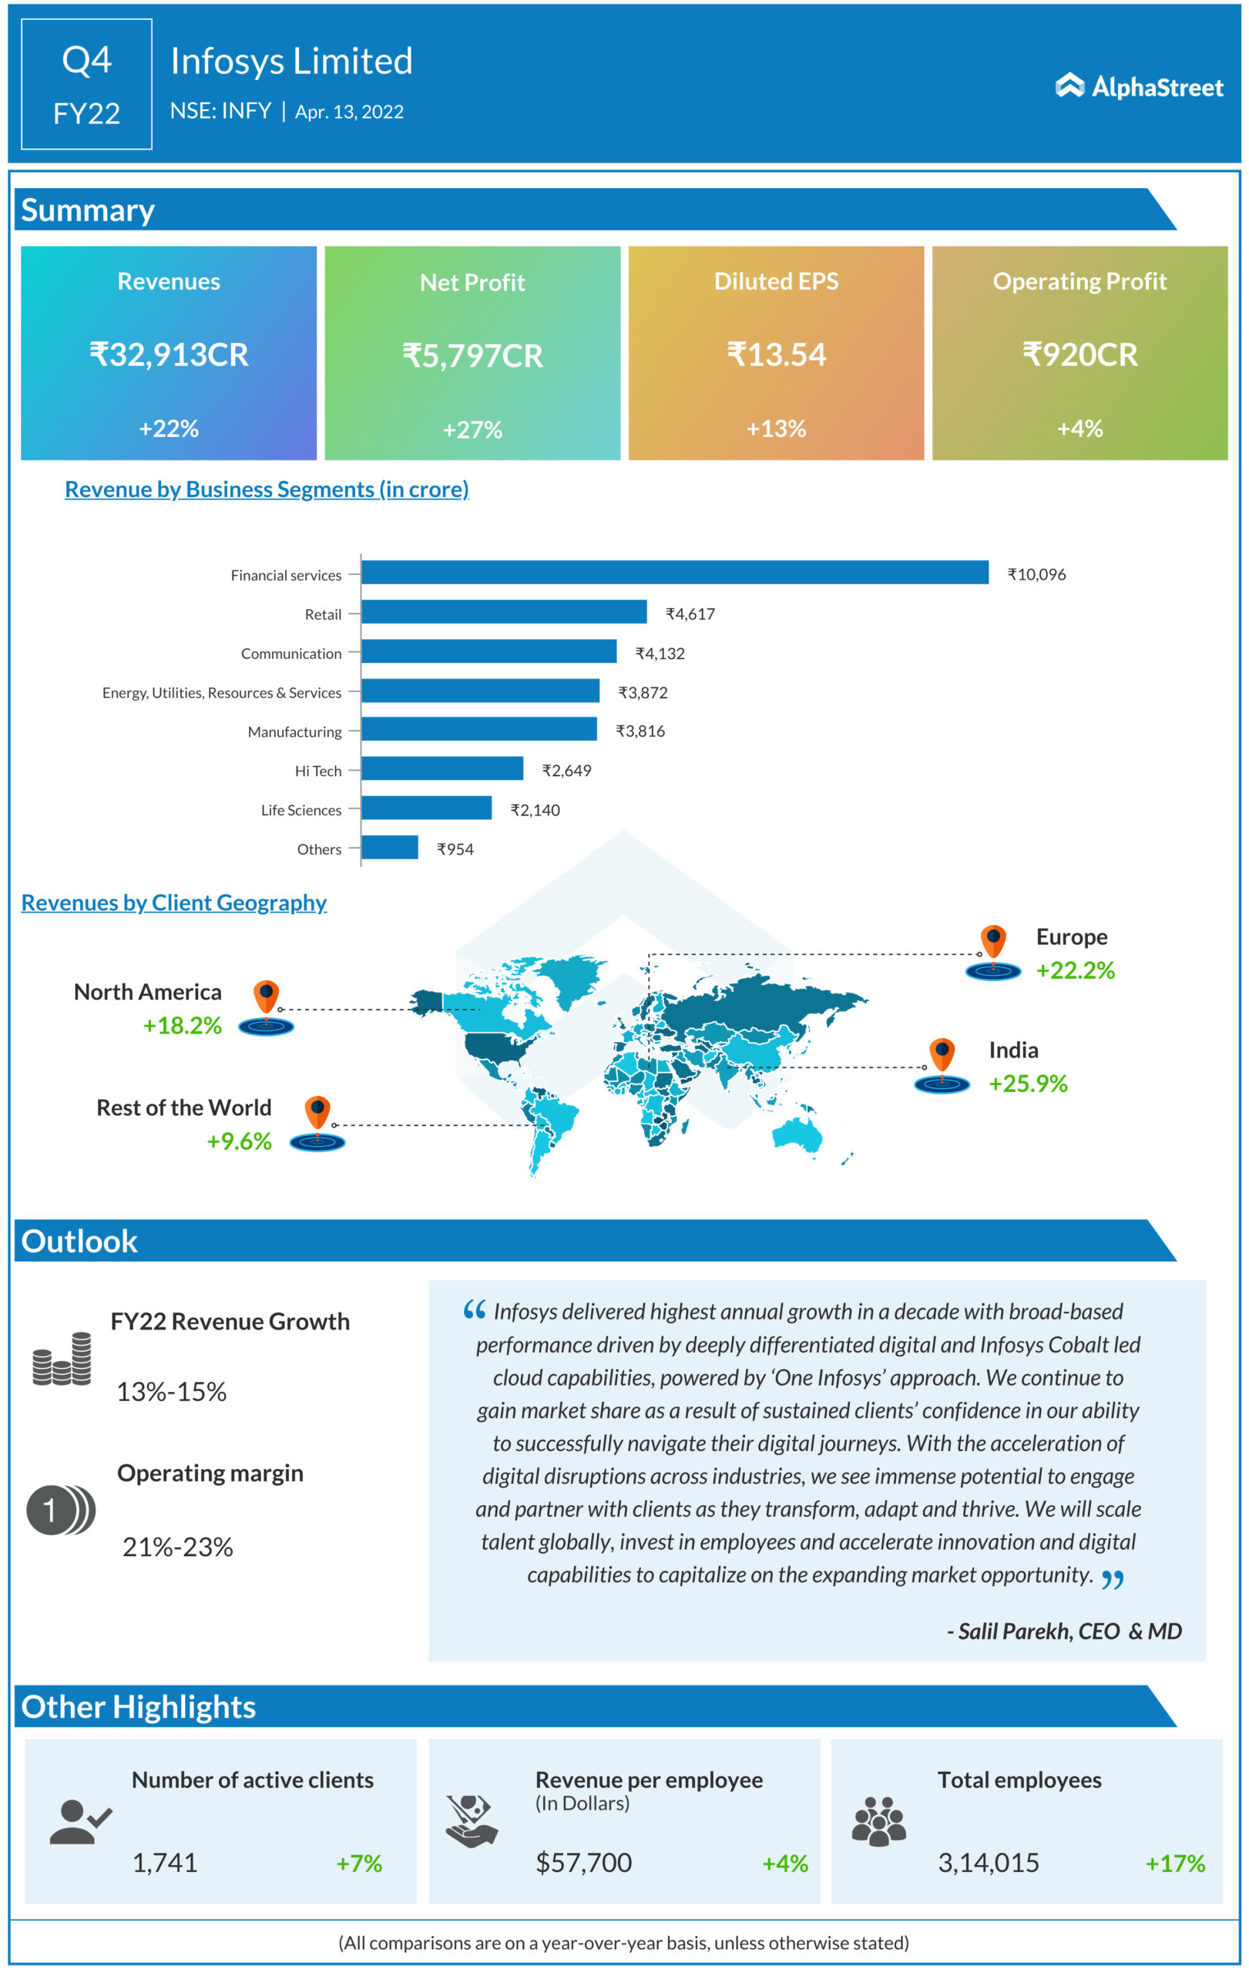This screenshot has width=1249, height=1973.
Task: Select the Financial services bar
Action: click(x=674, y=572)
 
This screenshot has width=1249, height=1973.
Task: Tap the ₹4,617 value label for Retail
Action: click(x=690, y=613)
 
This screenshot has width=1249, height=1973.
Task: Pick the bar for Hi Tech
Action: click(x=442, y=768)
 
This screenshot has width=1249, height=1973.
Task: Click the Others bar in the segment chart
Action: click(x=389, y=846)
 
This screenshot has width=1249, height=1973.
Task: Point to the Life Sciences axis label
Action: click(x=300, y=809)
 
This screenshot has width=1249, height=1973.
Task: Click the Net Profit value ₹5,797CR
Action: click(x=472, y=355)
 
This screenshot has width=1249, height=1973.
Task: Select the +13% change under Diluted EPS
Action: click(x=776, y=428)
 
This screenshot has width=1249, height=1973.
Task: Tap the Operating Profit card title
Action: click(x=1079, y=281)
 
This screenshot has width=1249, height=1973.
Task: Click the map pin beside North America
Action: click(x=266, y=997)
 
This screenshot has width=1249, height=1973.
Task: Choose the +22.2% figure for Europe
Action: click(x=1075, y=970)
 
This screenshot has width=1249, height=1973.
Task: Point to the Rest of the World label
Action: click(x=183, y=1107)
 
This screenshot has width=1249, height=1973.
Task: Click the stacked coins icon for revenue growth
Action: click(x=62, y=1359)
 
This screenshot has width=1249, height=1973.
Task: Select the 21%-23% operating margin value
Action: click(x=178, y=1546)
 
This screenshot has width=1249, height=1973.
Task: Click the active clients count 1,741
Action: click(x=165, y=1862)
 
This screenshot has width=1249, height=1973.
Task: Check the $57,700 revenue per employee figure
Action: click(x=583, y=1862)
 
